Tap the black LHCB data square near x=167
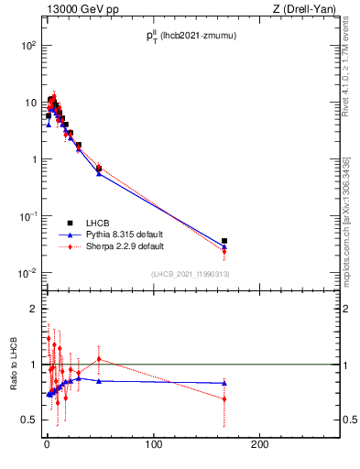pyautogui.click(x=224, y=241)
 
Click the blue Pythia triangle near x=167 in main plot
pyautogui.click(x=224, y=246)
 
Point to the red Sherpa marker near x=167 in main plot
pyautogui.click(x=224, y=250)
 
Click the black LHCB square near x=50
pyautogui.click(x=99, y=168)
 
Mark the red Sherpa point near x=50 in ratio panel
pyautogui.click(x=99, y=358)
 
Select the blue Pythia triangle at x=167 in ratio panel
pyautogui.click(x=224, y=383)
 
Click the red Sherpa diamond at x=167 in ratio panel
pyautogui.click(x=224, y=398)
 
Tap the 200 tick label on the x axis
pyautogui.click(x=261, y=444)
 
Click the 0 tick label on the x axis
pyautogui.click(x=47, y=444)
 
